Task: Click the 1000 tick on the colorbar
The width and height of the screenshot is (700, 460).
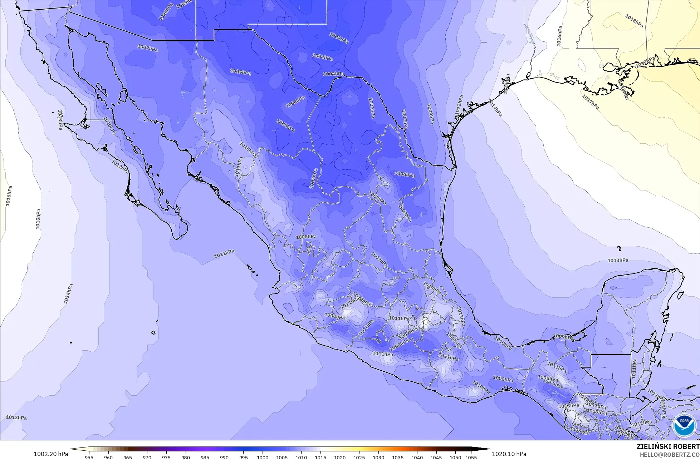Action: coord(263,457)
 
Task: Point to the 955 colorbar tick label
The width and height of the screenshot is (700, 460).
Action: coord(89,457)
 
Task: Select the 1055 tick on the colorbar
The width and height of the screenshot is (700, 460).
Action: coord(471,457)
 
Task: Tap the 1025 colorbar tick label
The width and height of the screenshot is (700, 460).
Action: coord(359,457)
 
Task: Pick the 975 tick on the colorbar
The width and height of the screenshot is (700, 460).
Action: coord(166,457)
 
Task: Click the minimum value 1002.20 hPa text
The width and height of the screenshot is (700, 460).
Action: coord(51,454)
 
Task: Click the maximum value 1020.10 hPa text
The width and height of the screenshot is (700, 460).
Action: coord(509,454)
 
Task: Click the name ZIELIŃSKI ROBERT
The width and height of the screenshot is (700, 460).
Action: coord(668,447)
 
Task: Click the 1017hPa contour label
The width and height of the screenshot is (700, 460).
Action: coord(590,102)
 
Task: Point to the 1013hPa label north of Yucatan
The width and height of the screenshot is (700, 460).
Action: coord(618,260)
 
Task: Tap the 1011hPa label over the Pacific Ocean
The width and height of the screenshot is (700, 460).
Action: coord(224,254)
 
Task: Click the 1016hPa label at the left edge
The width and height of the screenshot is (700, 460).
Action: coord(9,196)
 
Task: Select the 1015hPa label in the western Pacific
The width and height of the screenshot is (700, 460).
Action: coord(38,219)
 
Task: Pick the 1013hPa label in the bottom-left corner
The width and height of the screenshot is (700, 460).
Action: coord(16,417)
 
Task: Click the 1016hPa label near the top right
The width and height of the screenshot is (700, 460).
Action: coord(559,36)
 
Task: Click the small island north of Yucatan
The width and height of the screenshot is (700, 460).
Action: coord(619,248)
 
